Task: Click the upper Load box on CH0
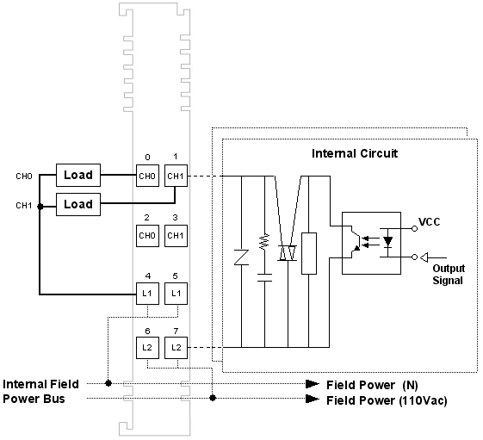click(x=78, y=175)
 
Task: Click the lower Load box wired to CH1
click(x=78, y=204)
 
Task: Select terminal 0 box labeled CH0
click(x=147, y=176)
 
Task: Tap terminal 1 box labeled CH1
click(x=176, y=176)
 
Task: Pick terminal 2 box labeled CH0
click(x=147, y=236)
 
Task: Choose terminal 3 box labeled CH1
click(x=176, y=236)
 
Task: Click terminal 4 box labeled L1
click(x=147, y=294)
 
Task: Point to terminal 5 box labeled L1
click(x=176, y=294)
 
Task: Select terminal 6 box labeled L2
click(x=147, y=348)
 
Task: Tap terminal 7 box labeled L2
click(x=176, y=348)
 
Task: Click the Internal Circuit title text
click(x=355, y=153)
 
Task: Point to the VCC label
click(x=429, y=222)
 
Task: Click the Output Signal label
click(x=449, y=275)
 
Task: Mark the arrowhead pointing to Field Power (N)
click(x=313, y=384)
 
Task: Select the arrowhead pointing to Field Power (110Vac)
click(x=313, y=399)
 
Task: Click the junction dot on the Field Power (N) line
click(x=108, y=383)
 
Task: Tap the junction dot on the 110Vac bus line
click(x=213, y=398)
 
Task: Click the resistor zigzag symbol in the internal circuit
click(x=264, y=242)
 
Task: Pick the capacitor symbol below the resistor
click(x=264, y=277)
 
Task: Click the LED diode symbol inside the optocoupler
click(x=387, y=242)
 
